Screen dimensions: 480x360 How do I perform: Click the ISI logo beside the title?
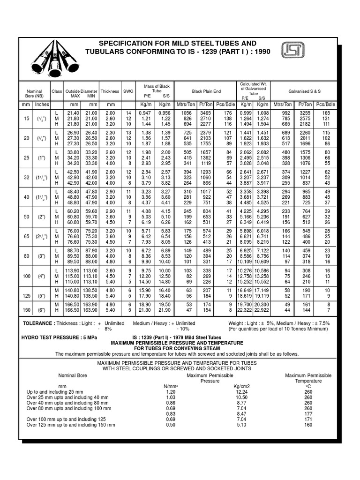[292, 51]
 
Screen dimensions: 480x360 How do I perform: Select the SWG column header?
[128, 91]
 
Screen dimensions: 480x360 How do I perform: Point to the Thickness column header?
[110, 91]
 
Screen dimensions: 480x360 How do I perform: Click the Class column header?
[57, 91]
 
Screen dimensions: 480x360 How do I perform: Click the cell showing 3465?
[205, 113]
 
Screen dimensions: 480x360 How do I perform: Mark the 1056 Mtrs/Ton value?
[187, 113]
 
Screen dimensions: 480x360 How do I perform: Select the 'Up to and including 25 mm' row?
[55, 391]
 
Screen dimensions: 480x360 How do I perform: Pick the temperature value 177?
[308, 414]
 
